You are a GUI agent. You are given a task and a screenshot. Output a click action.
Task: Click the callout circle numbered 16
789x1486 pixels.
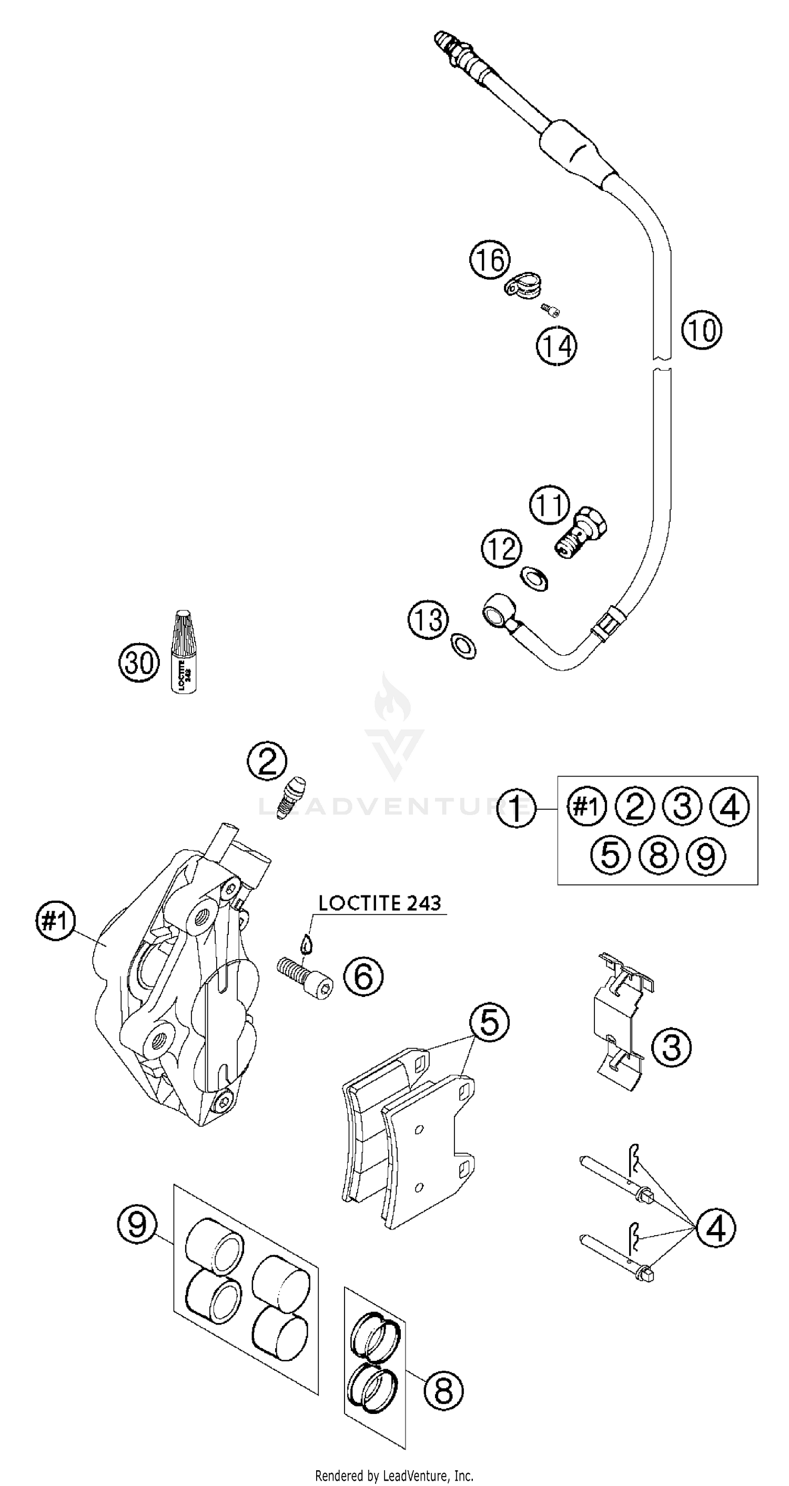(490, 260)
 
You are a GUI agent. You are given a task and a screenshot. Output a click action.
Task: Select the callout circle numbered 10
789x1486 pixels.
(701, 330)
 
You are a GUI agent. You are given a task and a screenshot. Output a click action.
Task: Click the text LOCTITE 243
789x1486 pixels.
(380, 903)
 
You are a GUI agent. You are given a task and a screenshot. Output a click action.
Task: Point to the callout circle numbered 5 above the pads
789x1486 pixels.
(489, 1022)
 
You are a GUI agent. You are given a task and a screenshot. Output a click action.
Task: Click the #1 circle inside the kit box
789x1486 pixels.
(586, 807)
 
